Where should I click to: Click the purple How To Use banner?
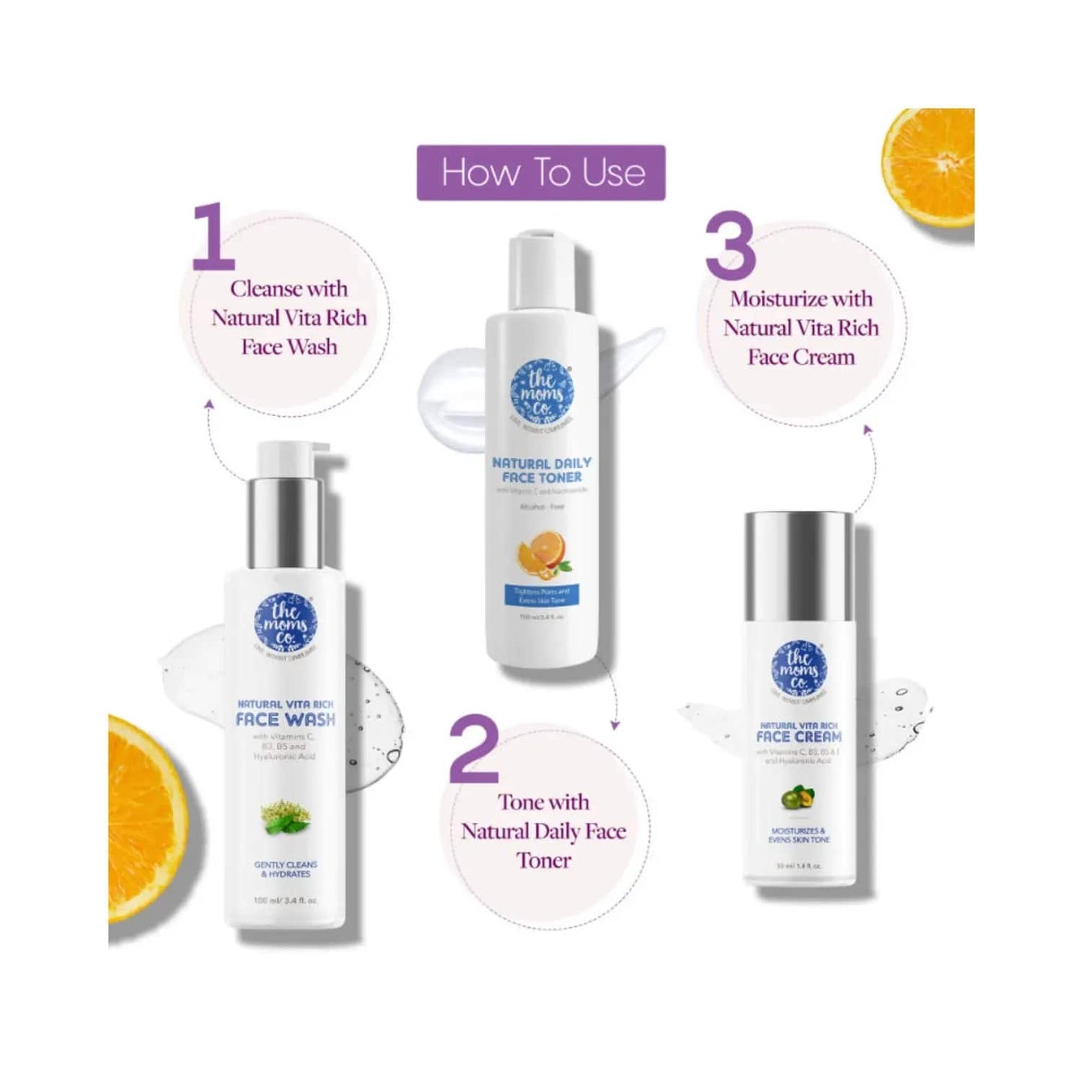540,172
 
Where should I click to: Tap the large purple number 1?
214,236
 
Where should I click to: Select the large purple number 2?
474,749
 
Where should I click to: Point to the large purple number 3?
730,246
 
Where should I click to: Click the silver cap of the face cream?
798,555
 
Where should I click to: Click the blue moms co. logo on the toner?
541,393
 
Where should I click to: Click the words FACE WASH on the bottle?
285,720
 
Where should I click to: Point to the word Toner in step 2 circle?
543,860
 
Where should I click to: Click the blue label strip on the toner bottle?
541,596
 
